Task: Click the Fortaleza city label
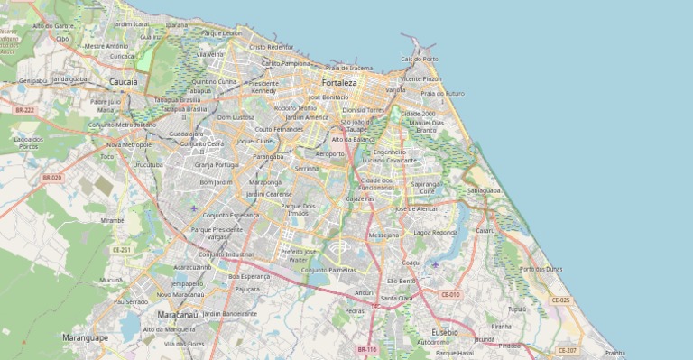pyautogui.click(x=340, y=82)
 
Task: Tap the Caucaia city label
pyautogui.click(x=124, y=81)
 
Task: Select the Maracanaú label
pyautogui.click(x=177, y=314)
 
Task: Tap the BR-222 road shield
pyautogui.click(x=24, y=109)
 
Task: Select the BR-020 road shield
pyautogui.click(x=51, y=178)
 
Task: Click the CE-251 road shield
pyautogui.click(x=121, y=249)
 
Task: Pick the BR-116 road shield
pyautogui.click(x=366, y=349)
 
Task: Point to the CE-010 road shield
pyautogui.click(x=450, y=294)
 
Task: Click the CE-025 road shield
pyautogui.click(x=559, y=300)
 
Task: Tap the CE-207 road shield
pyautogui.click(x=567, y=350)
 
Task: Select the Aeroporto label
pyautogui.click(x=329, y=153)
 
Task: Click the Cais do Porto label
pyautogui.click(x=420, y=59)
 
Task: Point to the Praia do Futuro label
pyautogui.click(x=442, y=93)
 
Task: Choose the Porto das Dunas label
pyautogui.click(x=541, y=268)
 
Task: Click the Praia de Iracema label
pyautogui.click(x=349, y=68)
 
